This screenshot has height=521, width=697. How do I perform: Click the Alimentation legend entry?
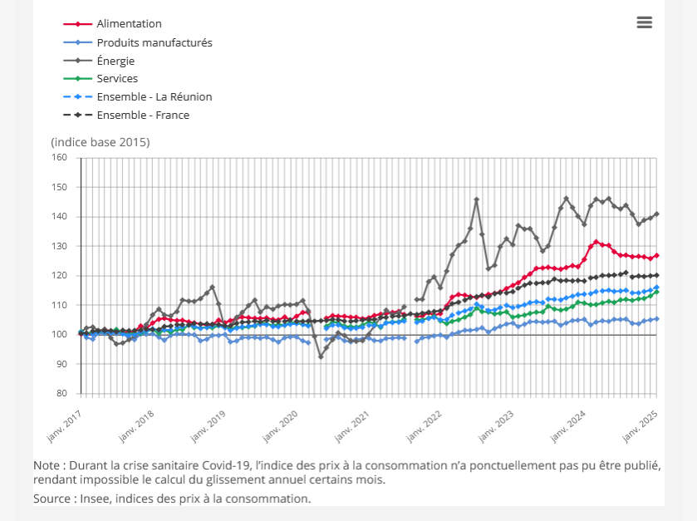click(129, 24)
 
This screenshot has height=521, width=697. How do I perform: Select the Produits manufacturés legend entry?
click(154, 42)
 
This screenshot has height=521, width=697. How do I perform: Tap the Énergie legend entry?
click(115, 61)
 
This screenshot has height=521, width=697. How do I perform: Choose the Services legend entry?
click(117, 79)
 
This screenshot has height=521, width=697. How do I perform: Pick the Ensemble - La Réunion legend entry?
click(154, 97)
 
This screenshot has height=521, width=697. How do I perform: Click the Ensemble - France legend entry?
click(143, 116)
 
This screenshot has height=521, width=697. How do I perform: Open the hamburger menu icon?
click(645, 22)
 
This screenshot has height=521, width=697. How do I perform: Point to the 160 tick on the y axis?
click(59, 158)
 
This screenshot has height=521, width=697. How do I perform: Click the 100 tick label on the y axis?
click(59, 335)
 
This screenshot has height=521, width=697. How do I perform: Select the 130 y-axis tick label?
click(59, 247)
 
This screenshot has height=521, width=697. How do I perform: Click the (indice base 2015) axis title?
click(101, 142)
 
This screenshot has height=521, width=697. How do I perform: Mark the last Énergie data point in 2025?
click(656, 214)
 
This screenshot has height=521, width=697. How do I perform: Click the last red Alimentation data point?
click(656, 255)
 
